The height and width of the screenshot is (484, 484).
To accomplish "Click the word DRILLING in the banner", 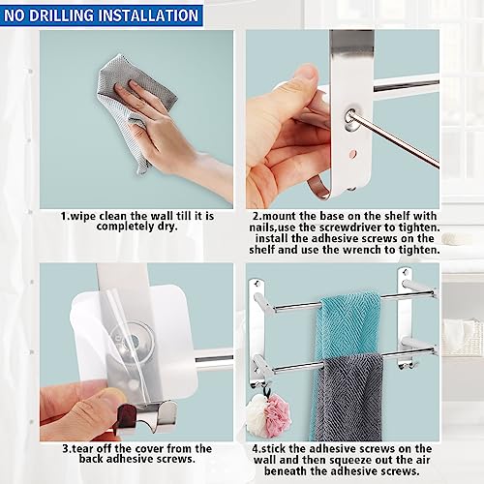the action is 61,15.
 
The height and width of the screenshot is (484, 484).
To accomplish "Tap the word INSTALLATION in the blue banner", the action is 148,15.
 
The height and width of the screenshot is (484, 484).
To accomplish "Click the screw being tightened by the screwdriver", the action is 350,117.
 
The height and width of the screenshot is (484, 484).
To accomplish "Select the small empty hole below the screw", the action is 353,153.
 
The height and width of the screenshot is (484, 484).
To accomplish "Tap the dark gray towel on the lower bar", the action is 348,397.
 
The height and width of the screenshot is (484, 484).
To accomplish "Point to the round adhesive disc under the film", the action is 133,340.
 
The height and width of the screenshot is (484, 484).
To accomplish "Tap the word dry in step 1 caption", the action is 167,227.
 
